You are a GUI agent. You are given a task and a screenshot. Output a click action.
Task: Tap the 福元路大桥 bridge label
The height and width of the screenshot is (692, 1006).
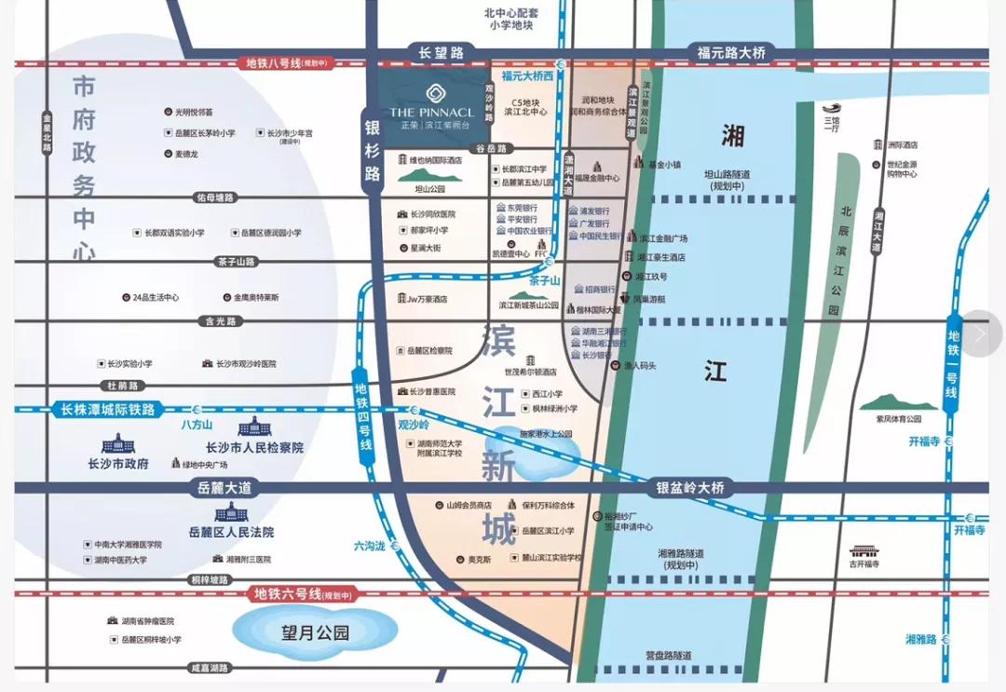click(x=731, y=53)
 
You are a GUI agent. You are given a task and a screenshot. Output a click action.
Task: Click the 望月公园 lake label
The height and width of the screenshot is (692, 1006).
click(x=315, y=633)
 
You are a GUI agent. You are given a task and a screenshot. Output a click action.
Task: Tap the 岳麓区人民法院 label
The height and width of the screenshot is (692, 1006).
click(x=231, y=532)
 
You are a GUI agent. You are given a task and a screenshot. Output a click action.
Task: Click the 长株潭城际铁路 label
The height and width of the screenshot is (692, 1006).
click(x=108, y=409)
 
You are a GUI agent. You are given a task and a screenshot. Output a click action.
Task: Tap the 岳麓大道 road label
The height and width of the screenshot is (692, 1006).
click(x=225, y=487)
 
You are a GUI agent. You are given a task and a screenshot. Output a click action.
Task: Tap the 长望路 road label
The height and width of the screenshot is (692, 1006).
click(x=441, y=54)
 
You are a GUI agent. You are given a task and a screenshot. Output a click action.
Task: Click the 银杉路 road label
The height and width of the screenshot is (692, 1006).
click(x=373, y=148)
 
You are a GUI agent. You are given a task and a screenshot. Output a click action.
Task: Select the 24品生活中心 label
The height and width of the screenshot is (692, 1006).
click(x=155, y=297)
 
